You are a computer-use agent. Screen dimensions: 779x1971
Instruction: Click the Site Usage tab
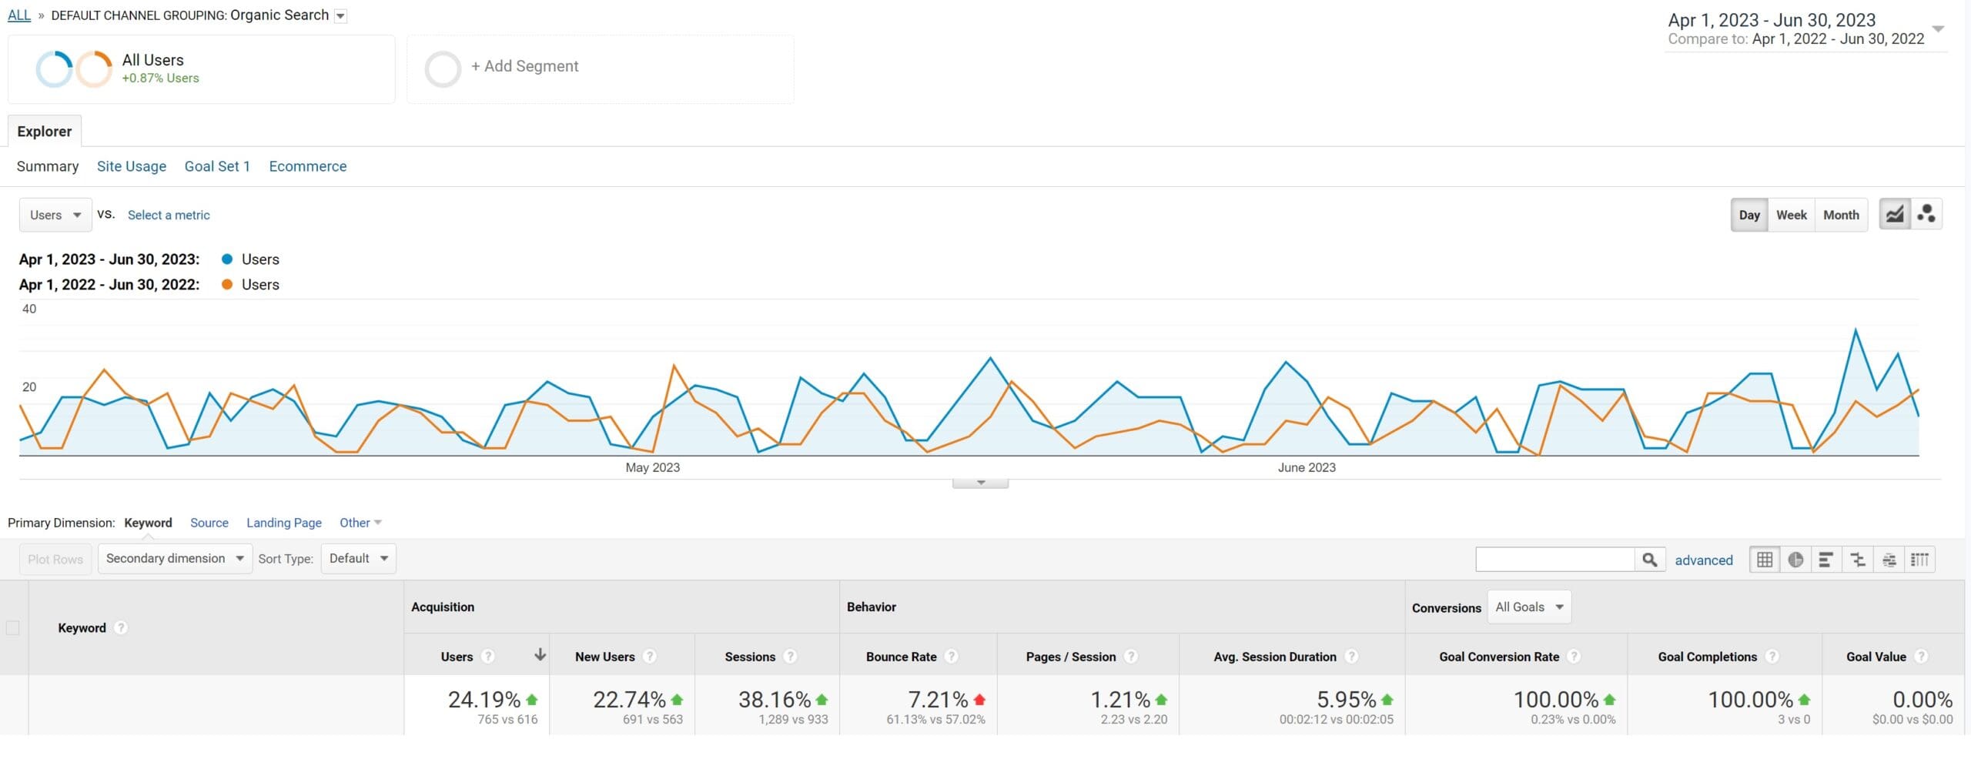[x=131, y=166]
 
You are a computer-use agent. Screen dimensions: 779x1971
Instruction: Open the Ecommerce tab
[x=307, y=166]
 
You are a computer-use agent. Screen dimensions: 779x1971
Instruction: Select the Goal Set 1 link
[x=217, y=166]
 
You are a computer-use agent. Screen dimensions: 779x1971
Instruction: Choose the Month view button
[x=1840, y=216]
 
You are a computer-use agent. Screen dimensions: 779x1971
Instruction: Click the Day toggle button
[x=1748, y=216]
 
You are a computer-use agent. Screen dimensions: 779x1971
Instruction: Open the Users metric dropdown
[x=55, y=216]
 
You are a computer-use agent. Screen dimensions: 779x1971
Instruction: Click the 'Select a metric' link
[x=169, y=216]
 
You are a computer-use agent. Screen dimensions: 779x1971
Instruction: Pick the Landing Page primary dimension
[x=283, y=523]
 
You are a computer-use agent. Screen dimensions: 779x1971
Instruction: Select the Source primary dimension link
[x=209, y=523]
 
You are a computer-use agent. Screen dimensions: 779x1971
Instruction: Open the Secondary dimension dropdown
[x=174, y=559]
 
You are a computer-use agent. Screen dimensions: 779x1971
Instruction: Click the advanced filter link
[x=1703, y=560]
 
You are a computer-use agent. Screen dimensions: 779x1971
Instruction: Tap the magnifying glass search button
[x=1649, y=560]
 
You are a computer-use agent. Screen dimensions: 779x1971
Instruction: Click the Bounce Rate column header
[x=901, y=657]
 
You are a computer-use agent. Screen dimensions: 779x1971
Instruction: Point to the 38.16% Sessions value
[x=774, y=700]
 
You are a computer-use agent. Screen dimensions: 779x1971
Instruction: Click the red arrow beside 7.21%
[x=979, y=700]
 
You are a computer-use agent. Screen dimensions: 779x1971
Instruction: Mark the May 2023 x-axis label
[x=652, y=467]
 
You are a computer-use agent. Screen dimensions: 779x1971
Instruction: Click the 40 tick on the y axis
[x=29, y=309]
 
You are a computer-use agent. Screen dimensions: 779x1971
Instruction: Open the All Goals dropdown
[x=1528, y=607]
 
